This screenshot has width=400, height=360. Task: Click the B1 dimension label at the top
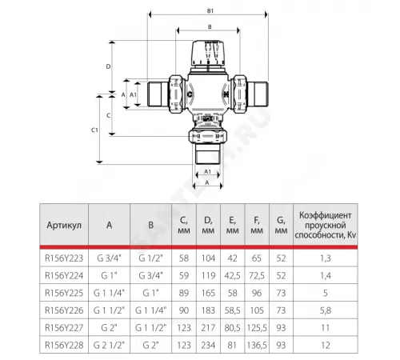(x=210, y=11)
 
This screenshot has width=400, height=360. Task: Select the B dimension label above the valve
(x=210, y=27)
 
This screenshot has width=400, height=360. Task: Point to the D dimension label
(x=108, y=66)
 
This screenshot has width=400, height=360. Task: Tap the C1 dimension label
(x=94, y=130)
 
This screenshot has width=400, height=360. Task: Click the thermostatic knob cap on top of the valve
(x=209, y=54)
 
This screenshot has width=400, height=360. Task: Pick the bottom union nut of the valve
(x=208, y=136)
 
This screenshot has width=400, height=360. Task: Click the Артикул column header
(x=64, y=226)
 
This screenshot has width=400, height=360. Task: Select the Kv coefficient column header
(x=326, y=225)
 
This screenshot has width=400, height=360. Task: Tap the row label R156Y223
(x=64, y=258)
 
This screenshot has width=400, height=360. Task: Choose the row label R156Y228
(x=64, y=345)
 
